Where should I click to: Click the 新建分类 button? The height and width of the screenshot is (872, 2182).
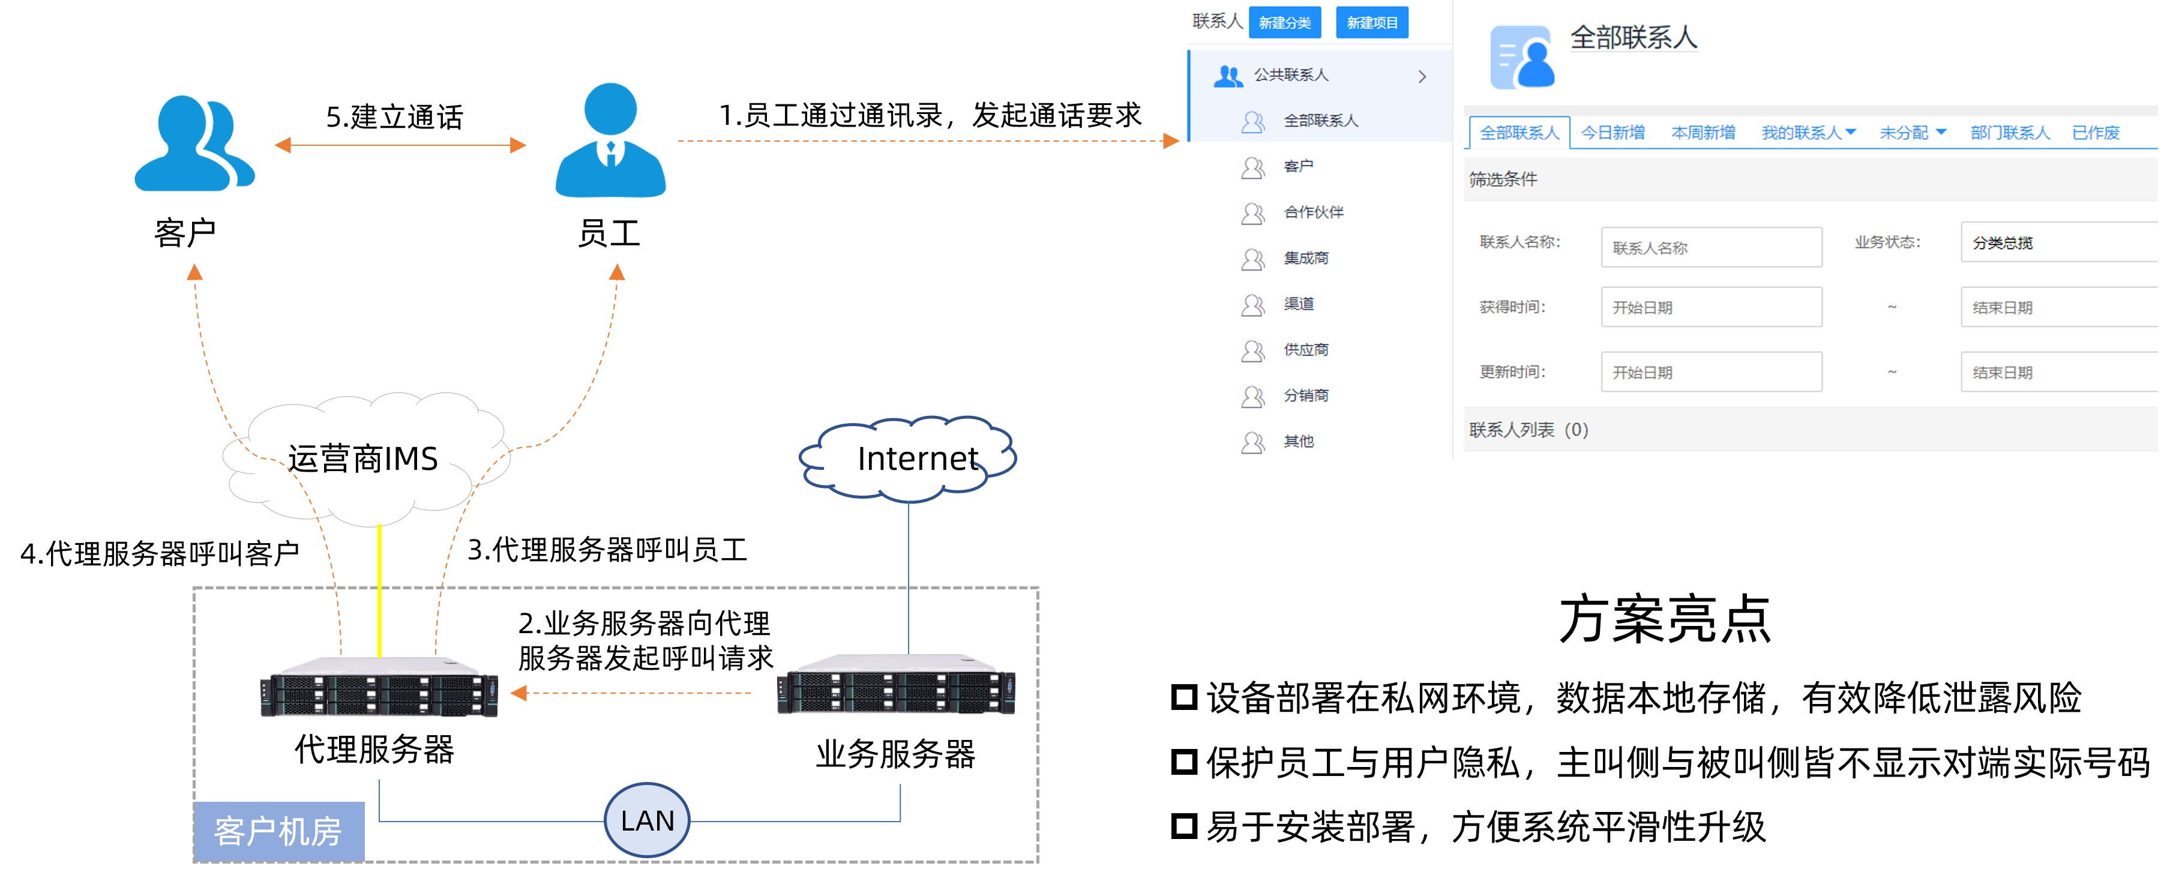(x=1284, y=23)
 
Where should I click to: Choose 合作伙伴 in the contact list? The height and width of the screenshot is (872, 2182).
(x=1313, y=212)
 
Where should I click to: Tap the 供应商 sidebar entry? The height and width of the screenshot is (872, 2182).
(x=1305, y=349)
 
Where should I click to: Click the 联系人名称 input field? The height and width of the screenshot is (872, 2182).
(x=1711, y=247)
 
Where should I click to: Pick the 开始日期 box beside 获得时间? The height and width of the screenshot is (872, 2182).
(x=1711, y=307)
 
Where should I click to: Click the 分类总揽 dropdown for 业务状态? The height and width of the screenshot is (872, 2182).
(x=2058, y=242)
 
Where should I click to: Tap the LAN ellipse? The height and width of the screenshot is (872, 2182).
(x=647, y=820)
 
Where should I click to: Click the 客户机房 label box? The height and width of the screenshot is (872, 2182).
(x=278, y=831)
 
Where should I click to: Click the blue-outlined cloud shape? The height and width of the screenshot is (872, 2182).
(x=907, y=458)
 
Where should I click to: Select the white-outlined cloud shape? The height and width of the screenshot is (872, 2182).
(x=364, y=458)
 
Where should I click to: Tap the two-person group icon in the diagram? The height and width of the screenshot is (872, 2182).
(x=195, y=143)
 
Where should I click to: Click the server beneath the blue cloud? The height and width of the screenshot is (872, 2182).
(x=896, y=685)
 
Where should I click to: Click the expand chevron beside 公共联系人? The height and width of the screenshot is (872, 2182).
(x=1422, y=76)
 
